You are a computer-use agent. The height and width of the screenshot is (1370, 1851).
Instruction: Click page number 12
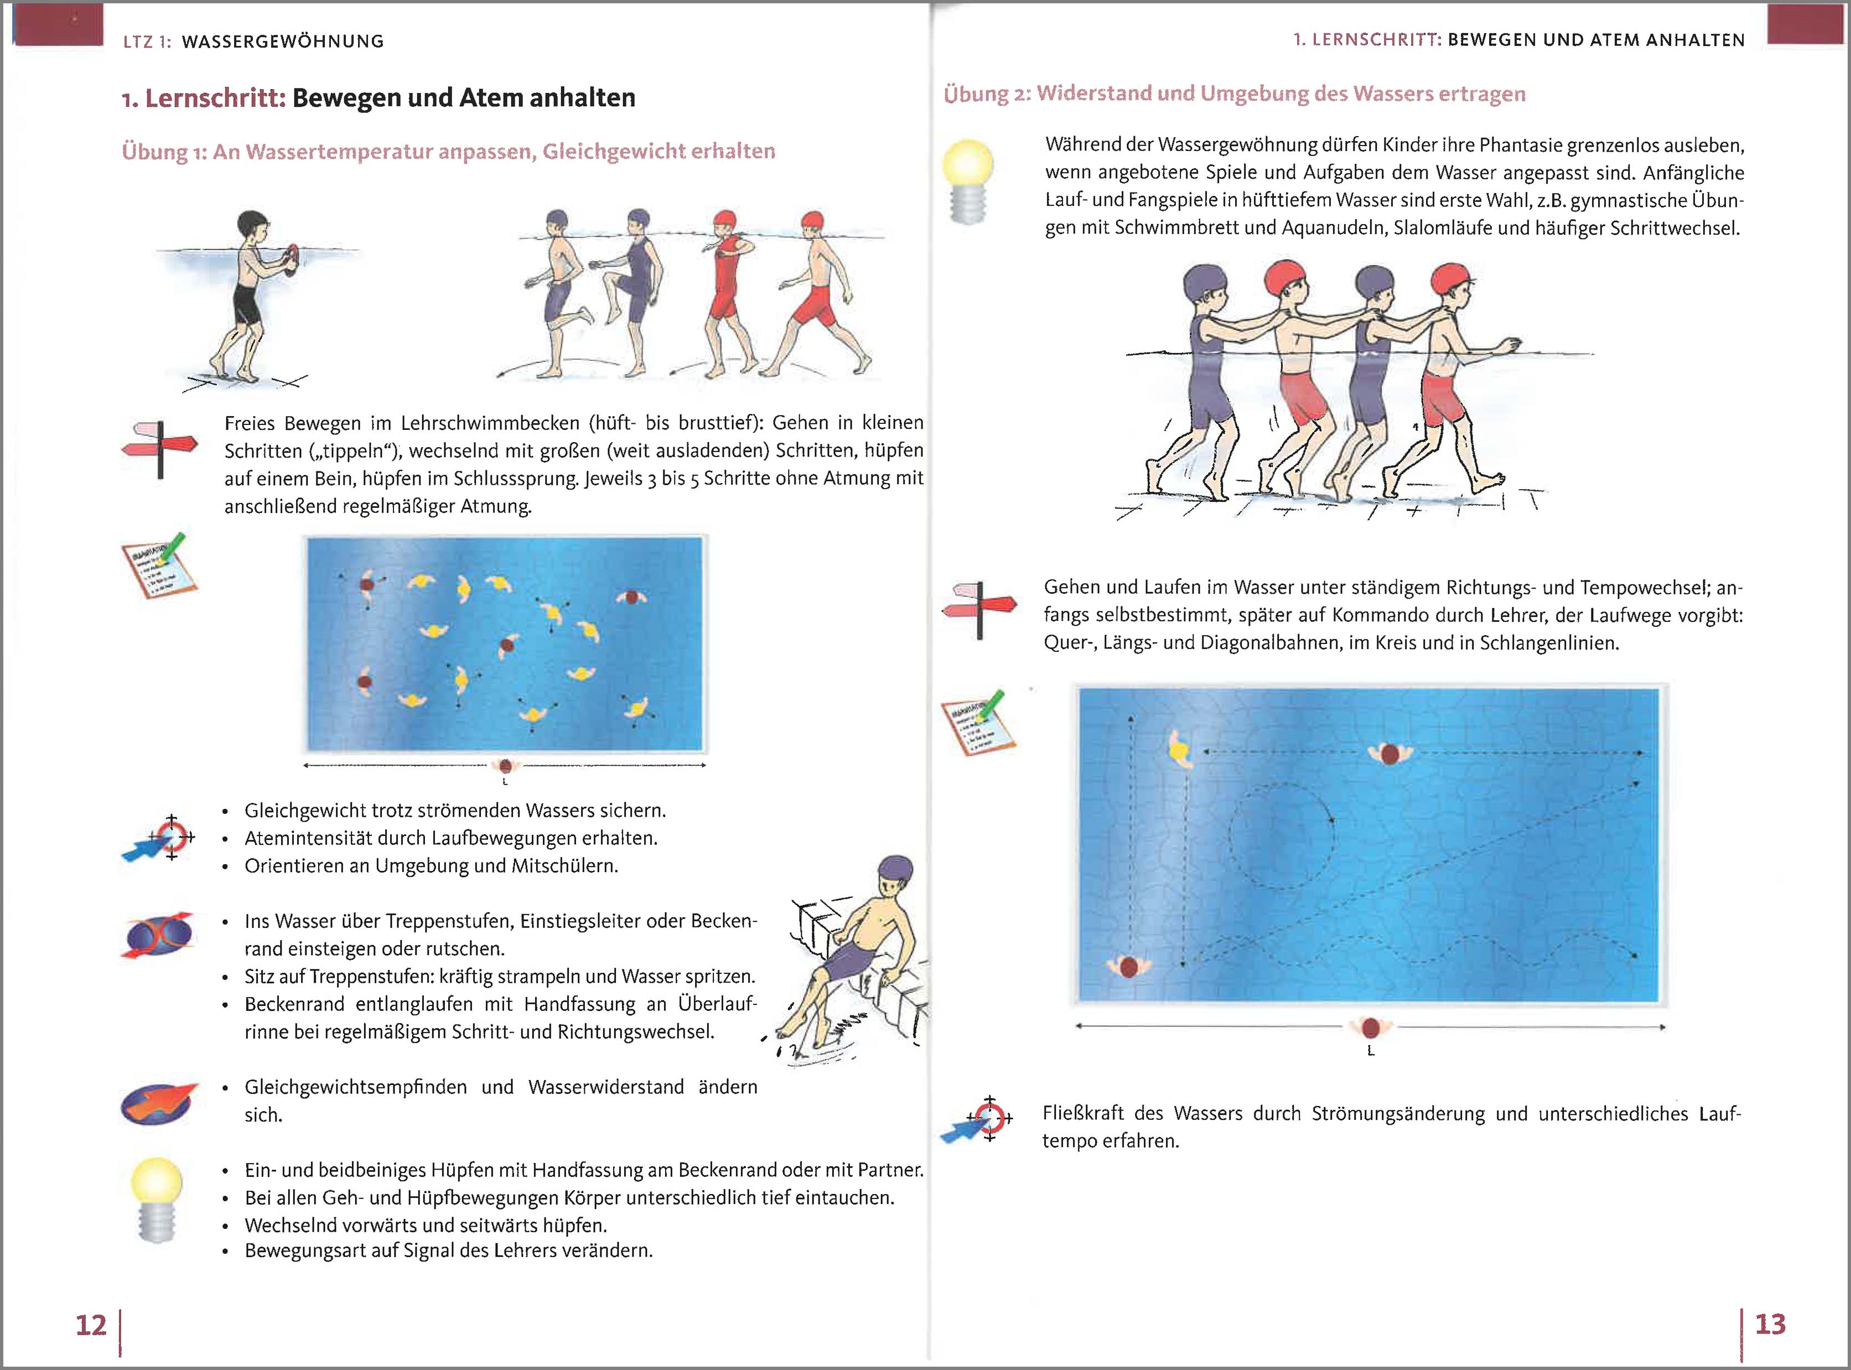[91, 1325]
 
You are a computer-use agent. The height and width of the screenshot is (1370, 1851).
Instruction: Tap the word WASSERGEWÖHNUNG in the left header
[283, 41]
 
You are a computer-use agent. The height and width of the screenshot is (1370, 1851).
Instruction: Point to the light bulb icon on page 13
[968, 181]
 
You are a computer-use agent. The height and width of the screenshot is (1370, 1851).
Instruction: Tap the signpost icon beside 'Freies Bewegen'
[159, 449]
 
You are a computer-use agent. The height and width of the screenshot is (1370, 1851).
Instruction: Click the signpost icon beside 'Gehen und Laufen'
[978, 610]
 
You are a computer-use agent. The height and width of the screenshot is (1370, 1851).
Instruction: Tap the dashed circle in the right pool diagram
[1282, 836]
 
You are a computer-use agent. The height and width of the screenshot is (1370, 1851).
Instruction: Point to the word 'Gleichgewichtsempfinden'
[355, 1087]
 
